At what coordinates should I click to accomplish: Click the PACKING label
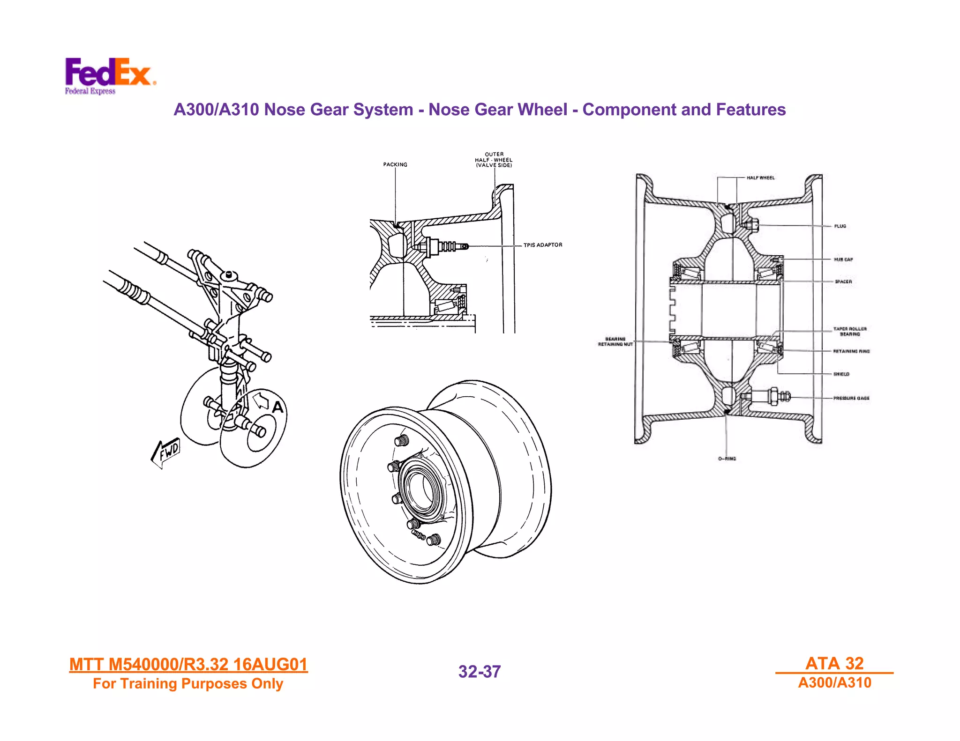point(395,164)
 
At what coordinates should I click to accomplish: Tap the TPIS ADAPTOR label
point(543,245)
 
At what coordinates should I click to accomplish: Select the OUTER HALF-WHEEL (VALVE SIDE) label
point(494,160)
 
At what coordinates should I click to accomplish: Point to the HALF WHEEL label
point(760,178)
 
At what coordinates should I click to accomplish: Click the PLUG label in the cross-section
point(840,226)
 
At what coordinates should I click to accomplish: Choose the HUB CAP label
point(843,259)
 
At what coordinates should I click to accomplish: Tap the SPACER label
point(843,282)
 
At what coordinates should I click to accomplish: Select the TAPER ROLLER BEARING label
point(850,332)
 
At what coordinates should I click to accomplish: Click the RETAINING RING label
point(851,351)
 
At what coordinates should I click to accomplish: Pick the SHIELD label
point(841,374)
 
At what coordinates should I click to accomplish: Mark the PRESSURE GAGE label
point(851,398)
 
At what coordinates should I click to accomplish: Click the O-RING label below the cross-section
point(727,459)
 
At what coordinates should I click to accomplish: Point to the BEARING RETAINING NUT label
point(615,341)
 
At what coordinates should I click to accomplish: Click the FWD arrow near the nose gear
point(166,452)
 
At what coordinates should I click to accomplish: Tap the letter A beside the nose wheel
point(278,408)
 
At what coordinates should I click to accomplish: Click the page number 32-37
point(479,672)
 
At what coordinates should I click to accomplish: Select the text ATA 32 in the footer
point(834,663)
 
